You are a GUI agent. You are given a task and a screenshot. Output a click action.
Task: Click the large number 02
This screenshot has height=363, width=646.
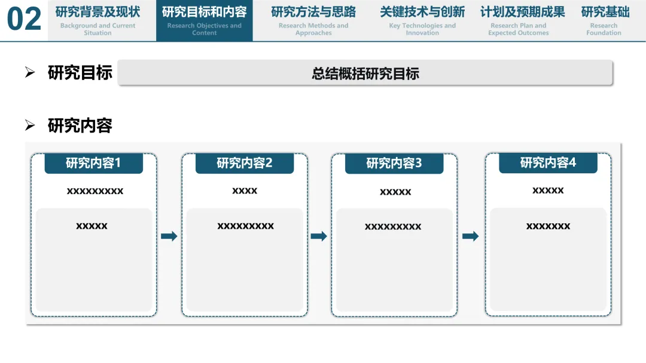click(x=25, y=20)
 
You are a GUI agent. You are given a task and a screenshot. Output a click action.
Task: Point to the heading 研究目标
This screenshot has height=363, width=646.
click(x=80, y=73)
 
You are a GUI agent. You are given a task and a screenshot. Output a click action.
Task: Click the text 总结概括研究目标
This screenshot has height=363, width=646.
click(x=365, y=73)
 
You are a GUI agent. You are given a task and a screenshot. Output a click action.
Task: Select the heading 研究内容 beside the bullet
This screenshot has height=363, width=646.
click(x=80, y=125)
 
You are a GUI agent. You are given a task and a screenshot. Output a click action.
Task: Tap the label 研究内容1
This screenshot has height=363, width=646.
click(x=93, y=163)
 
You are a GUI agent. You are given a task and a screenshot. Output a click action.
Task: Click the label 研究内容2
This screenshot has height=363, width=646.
click(x=245, y=163)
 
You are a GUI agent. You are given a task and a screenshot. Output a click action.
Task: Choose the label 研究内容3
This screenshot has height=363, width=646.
click(x=394, y=163)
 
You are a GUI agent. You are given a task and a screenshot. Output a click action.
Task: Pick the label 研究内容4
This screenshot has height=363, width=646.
click(x=548, y=162)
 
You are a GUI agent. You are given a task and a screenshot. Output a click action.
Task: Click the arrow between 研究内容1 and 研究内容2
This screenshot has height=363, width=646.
click(x=169, y=236)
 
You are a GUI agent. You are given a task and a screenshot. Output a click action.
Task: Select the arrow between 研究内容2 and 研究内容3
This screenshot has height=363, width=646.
click(x=319, y=236)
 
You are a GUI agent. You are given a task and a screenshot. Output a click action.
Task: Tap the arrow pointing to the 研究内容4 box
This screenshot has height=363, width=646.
click(x=471, y=236)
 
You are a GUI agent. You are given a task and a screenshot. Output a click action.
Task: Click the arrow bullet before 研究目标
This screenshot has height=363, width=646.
click(x=30, y=73)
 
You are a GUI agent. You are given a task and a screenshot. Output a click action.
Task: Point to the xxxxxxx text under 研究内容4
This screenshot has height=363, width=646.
click(x=548, y=226)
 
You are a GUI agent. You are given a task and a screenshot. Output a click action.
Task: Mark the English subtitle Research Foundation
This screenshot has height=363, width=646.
click(x=604, y=29)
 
